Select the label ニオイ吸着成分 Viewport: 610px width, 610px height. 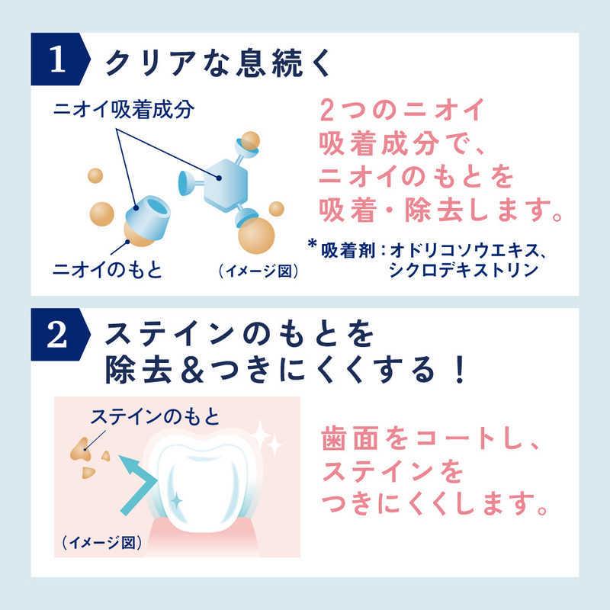[x=124, y=110]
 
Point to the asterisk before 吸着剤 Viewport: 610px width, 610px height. [x=312, y=245]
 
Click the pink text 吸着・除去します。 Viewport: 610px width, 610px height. [x=441, y=207]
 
